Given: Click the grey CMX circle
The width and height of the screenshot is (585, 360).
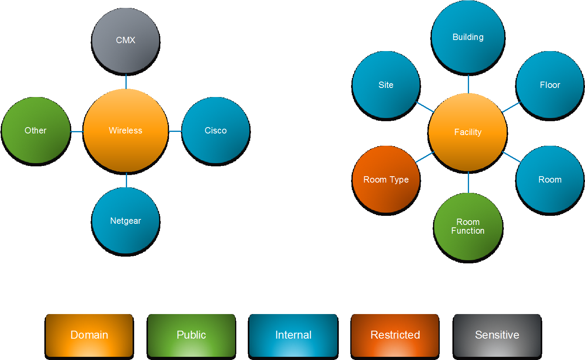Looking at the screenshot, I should (125, 40).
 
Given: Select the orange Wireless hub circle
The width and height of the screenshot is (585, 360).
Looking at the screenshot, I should (125, 130).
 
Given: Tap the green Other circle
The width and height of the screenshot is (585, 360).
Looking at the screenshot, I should (36, 130).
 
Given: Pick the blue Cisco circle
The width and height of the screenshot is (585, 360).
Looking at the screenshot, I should (216, 130).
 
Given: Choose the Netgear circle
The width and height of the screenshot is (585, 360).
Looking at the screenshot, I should (125, 221).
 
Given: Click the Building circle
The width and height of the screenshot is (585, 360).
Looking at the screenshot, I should (468, 37).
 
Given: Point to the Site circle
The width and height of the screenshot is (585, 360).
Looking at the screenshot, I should (386, 85).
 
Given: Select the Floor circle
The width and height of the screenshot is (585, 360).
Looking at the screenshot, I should (550, 85).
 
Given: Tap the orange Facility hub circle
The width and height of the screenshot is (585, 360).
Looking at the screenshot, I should (468, 132).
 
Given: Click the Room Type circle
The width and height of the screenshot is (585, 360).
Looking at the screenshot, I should (386, 179).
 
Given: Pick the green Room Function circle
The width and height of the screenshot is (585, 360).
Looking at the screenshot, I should (468, 227).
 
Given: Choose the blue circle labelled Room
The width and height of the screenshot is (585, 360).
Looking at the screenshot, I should (550, 179).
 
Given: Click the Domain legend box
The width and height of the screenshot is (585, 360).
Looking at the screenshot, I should (89, 335).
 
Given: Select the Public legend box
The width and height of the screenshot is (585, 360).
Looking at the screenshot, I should (191, 335).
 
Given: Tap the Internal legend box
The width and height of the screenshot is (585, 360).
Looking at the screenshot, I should (293, 335).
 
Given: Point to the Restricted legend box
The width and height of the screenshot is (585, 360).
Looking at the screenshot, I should (395, 335).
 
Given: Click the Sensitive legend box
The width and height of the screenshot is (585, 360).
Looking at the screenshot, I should (497, 335).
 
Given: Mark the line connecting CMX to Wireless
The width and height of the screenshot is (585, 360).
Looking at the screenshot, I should (126, 81).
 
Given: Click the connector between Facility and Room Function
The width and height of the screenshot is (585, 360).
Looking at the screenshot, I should (468, 182).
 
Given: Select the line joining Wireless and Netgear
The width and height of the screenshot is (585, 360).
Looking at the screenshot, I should (126, 180).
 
